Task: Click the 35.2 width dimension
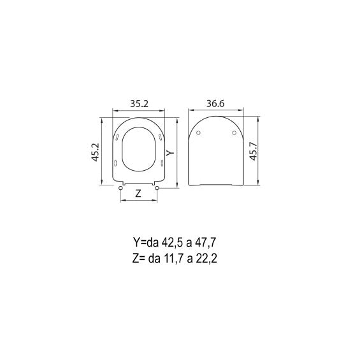(x=140, y=104)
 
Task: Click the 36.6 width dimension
(x=215, y=104)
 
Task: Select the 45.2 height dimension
(x=96, y=152)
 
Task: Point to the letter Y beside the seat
(x=170, y=153)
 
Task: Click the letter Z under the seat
(x=138, y=194)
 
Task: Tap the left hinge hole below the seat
(x=120, y=188)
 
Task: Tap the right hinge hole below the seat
(x=157, y=188)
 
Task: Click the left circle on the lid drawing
(x=199, y=133)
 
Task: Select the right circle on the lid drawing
(x=234, y=133)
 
